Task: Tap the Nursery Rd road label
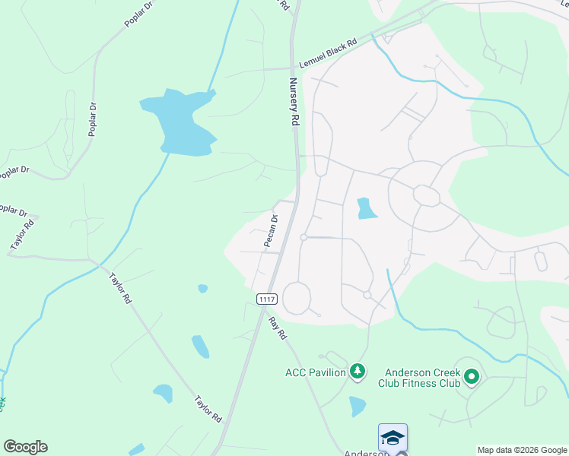click(294, 102)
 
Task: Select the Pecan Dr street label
click(271, 230)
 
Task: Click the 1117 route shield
click(266, 299)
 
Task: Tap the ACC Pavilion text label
click(316, 372)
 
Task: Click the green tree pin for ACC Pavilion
click(358, 372)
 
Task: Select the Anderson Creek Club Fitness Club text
click(422, 378)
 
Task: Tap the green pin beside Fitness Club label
click(472, 376)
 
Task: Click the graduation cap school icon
click(393, 438)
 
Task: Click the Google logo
click(25, 447)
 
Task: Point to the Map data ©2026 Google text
click(522, 450)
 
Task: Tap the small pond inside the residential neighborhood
click(366, 208)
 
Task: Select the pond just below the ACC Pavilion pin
click(358, 406)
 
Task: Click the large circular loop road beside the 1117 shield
click(297, 297)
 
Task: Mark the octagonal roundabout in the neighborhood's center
click(426, 195)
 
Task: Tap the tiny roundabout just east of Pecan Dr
click(304, 238)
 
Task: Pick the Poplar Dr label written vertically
click(93, 119)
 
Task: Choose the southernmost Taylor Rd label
click(207, 409)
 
